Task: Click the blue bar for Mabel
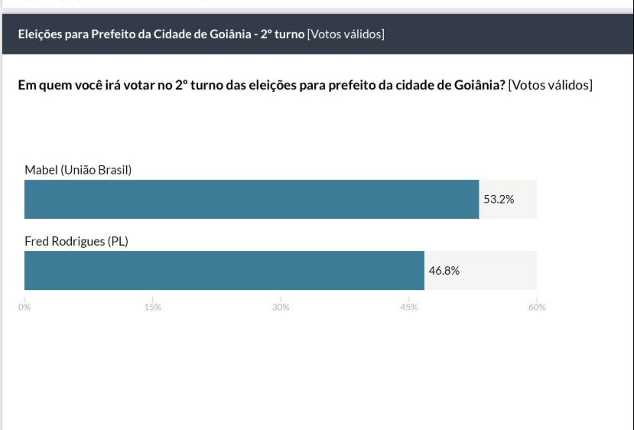point(251,199)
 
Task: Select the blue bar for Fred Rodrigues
point(224,270)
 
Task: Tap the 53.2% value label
point(499,199)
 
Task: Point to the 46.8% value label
point(444,270)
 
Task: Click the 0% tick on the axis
point(24,308)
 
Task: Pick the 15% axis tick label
point(152,308)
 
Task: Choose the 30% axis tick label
point(281,308)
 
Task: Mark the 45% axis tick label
point(408,308)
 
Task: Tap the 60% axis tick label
point(536,308)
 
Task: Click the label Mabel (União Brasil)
point(78,170)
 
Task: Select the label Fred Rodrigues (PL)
point(76,241)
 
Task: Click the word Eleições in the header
point(40,34)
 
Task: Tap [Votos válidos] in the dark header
point(346,34)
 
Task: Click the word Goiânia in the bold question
point(480,85)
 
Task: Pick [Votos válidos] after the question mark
point(550,85)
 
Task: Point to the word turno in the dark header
point(289,34)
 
